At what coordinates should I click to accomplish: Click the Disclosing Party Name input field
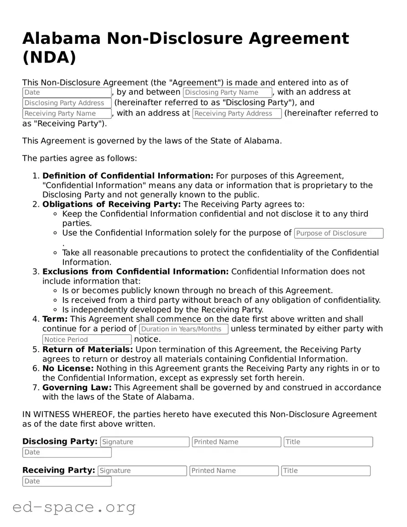click(227, 93)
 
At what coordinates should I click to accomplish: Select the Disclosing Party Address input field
click(67, 103)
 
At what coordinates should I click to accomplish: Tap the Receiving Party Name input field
click(67, 114)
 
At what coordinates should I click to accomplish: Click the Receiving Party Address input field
click(237, 114)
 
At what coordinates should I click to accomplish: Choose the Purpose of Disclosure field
click(339, 233)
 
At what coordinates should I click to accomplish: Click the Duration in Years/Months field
click(183, 329)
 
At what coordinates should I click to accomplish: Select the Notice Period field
click(87, 340)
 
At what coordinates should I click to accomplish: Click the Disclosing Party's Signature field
click(145, 442)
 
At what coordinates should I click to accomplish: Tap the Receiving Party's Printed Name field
click(234, 471)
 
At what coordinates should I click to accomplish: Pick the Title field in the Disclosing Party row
click(328, 442)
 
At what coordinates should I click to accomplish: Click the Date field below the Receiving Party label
click(67, 481)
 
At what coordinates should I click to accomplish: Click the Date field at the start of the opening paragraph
click(67, 93)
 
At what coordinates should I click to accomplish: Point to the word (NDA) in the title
click(49, 58)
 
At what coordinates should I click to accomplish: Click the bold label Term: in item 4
click(55, 319)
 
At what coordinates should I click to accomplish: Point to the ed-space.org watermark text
click(74, 507)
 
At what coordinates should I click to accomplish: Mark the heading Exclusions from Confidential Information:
click(136, 272)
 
